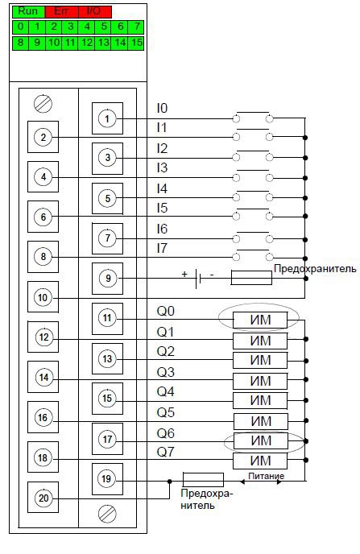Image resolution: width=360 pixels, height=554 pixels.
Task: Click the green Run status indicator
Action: click(x=29, y=11)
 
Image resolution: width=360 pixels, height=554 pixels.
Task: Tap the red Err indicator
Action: click(x=62, y=11)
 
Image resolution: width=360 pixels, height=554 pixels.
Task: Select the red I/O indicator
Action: click(x=95, y=11)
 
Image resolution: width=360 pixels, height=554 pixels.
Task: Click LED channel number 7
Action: click(x=136, y=27)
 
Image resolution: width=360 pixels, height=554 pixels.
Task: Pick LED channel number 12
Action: click(x=86, y=43)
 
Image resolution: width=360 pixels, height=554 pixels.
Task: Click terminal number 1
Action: click(x=107, y=118)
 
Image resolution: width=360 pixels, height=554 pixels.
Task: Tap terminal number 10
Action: click(x=43, y=297)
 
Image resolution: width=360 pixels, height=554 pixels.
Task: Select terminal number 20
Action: click(x=43, y=498)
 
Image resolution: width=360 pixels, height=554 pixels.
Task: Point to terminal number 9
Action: click(x=107, y=279)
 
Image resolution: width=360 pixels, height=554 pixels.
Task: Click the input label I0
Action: click(x=162, y=108)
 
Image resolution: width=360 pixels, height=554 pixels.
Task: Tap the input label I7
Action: click(x=162, y=248)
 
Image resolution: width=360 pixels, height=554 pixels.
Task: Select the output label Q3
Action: click(x=165, y=372)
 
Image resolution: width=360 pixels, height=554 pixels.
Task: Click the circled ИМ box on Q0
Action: click(x=260, y=320)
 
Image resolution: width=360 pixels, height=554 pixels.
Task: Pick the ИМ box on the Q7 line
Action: click(x=260, y=461)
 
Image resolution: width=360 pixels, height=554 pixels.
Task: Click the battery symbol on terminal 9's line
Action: click(x=198, y=279)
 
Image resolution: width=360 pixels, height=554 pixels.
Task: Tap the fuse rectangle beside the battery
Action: click(x=251, y=278)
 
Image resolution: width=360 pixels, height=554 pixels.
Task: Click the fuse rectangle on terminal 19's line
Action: click(x=203, y=480)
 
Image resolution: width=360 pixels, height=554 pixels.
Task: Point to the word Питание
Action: click(x=266, y=476)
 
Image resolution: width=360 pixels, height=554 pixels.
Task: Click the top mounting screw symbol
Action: click(x=43, y=104)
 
